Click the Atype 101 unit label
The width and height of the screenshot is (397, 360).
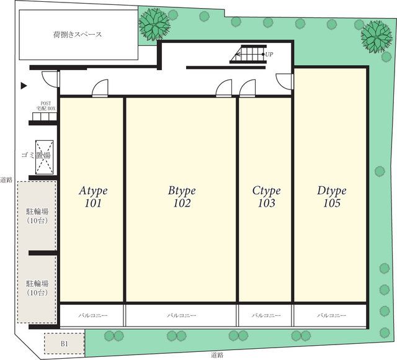[93, 197]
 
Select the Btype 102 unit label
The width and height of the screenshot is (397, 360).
[182, 197]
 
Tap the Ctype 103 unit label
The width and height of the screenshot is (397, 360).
[266, 197]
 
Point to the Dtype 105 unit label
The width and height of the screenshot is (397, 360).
[331, 197]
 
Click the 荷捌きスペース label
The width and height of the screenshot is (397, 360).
[78, 35]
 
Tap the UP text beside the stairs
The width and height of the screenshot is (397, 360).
[269, 55]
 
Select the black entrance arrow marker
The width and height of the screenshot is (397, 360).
[24, 86]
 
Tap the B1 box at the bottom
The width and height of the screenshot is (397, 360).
[64, 343]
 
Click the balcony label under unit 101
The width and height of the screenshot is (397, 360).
[92, 316]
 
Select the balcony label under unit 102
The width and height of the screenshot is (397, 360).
[181, 316]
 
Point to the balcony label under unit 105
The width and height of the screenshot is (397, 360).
[331, 316]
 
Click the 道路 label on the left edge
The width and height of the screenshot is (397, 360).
[7, 178]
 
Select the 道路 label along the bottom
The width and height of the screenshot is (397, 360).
[216, 355]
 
